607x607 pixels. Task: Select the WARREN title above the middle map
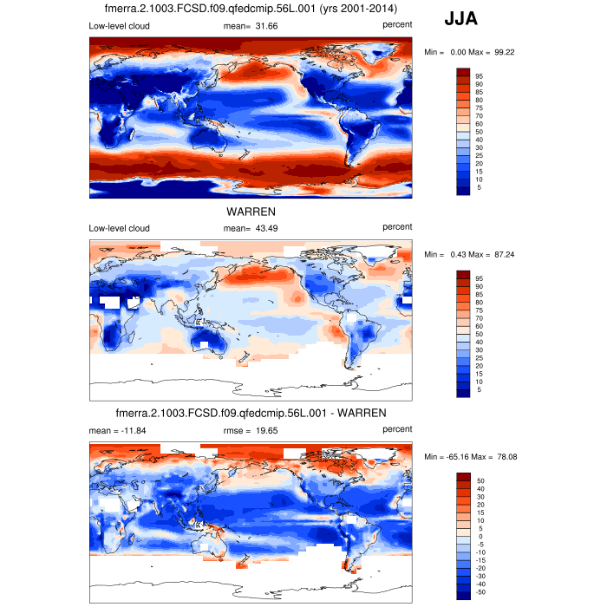251,211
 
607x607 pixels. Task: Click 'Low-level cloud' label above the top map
119,25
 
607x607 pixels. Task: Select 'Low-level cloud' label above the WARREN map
119,228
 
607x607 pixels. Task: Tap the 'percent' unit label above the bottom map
396,429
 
